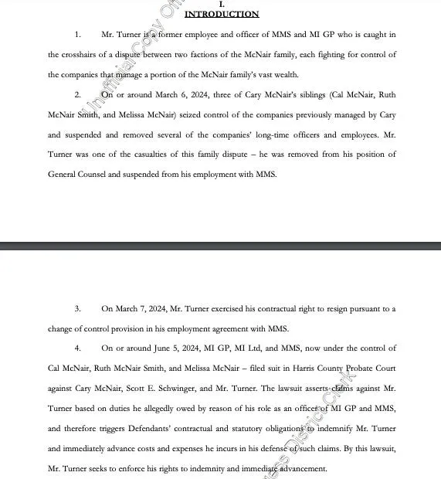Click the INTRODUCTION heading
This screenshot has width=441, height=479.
222,14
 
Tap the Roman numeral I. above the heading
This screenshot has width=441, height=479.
222,5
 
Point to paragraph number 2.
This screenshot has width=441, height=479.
77,94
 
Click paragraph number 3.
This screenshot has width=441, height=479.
77,308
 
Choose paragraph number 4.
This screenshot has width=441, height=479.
77,348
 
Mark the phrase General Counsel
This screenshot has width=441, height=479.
77,174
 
